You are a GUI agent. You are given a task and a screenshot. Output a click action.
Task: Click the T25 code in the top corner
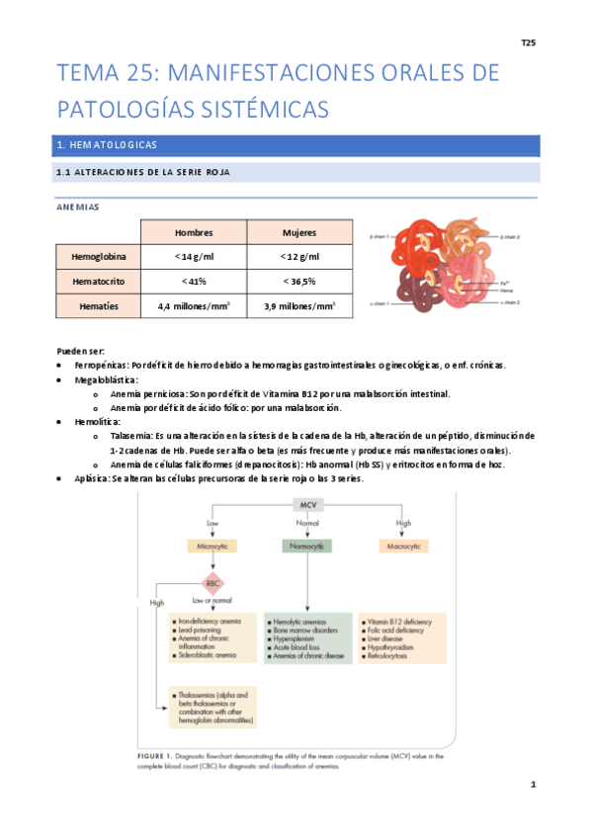tap(528, 43)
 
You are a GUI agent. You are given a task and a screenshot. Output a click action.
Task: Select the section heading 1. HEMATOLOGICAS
tap(108, 145)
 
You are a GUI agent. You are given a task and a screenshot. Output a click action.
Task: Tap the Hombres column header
tap(194, 232)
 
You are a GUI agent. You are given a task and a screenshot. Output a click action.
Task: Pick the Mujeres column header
tap(300, 232)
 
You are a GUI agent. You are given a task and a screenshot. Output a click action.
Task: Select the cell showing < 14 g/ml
tap(194, 257)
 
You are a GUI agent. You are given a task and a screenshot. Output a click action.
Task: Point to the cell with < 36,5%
tap(300, 282)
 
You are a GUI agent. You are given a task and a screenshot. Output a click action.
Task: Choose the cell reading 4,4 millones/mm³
tap(194, 306)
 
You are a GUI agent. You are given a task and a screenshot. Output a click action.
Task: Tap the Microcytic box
tap(213, 545)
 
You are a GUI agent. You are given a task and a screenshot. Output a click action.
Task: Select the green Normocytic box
tap(307, 545)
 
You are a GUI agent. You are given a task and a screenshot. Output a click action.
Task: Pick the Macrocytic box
tap(403, 545)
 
